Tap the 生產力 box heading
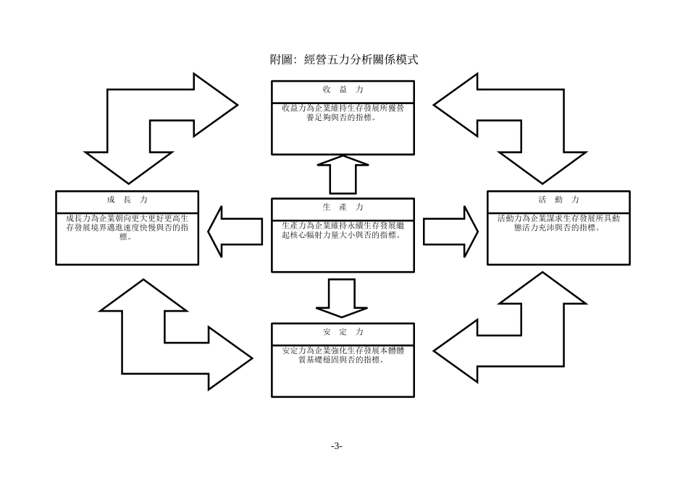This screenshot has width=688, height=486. tap(343, 207)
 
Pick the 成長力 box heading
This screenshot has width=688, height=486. tap(127, 199)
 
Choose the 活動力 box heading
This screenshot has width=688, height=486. tap(558, 199)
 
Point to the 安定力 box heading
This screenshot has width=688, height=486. tap(343, 332)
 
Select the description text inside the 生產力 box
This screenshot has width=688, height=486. tap(343, 230)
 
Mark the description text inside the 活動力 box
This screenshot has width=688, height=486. tap(558, 222)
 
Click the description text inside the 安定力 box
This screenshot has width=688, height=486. tap(343, 355)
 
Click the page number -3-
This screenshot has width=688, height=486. tap(336, 445)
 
